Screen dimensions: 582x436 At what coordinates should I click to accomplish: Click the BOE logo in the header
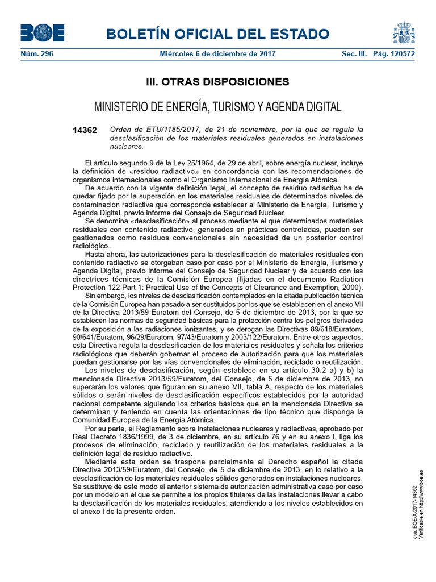[x=42, y=34]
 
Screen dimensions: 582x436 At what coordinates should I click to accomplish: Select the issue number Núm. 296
[x=36, y=55]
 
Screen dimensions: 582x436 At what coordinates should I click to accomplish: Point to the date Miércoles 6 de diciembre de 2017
[x=217, y=55]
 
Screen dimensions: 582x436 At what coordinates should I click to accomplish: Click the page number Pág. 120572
[x=394, y=55]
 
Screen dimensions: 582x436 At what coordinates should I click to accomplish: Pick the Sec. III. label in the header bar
[x=354, y=55]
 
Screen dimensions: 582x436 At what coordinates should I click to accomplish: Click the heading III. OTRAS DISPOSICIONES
[x=217, y=82]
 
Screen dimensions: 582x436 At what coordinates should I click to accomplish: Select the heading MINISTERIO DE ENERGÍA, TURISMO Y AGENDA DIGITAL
[x=217, y=107]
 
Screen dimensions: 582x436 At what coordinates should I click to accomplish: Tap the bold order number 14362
[x=85, y=130]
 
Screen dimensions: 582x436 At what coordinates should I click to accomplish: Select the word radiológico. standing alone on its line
[x=90, y=246]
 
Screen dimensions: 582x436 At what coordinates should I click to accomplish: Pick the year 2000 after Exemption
[x=350, y=287]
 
